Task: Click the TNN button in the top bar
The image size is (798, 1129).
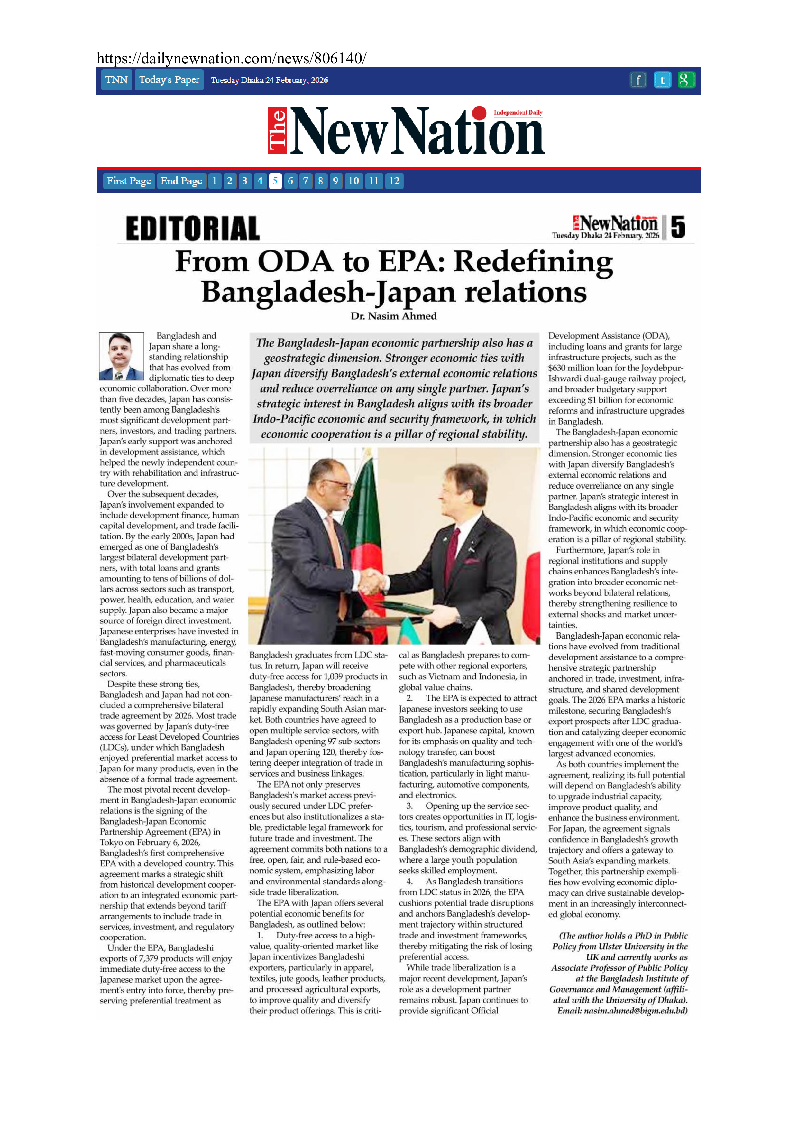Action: (116, 80)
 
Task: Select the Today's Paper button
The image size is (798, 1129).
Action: (169, 80)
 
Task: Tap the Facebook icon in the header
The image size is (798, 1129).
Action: (638, 80)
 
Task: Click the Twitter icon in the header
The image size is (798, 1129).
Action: (662, 80)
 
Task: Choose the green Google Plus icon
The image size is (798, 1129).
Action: (685, 80)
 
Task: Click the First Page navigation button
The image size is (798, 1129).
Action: (129, 181)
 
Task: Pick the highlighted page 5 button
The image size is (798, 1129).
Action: (275, 181)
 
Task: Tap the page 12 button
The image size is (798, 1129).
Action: (394, 181)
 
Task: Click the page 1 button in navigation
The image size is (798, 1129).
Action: (214, 181)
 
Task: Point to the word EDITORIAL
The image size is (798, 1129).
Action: (193, 229)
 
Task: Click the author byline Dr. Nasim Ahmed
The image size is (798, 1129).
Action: (394, 316)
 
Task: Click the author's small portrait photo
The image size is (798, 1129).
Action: (121, 357)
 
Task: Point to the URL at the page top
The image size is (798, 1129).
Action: (231, 59)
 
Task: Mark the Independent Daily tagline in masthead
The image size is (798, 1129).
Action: (518, 113)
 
